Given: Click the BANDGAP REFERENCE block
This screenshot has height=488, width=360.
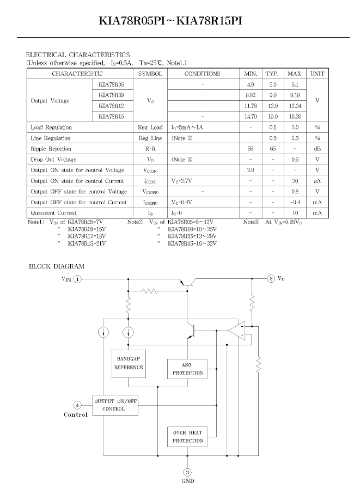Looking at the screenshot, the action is pos(129,363).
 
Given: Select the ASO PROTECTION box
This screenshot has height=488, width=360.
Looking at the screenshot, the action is pos(187,369).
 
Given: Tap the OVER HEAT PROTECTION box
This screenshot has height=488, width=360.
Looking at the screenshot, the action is pos(187,437).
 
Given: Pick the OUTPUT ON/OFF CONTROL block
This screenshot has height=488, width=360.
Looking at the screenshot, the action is pos(115,405).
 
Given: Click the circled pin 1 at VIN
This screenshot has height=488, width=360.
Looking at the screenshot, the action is pos(77,279).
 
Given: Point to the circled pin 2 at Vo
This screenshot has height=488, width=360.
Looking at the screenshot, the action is pos(271,278).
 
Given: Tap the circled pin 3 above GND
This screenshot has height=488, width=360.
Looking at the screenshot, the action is pos(187,472).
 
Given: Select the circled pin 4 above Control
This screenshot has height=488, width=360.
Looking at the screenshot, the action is pos(77,405).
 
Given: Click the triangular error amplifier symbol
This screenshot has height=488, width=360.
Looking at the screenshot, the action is pos(237,331).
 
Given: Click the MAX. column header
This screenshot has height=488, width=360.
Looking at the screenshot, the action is pos(295,74).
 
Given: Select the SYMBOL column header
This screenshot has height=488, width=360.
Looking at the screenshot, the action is pos(150,74).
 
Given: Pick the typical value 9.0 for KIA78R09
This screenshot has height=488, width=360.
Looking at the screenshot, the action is pos(273,95).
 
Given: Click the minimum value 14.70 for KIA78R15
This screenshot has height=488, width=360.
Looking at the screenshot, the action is pos(251,117).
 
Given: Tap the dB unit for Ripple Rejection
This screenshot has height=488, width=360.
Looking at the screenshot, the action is pos(318,149).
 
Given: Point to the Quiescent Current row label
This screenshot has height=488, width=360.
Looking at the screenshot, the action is pos(53,213).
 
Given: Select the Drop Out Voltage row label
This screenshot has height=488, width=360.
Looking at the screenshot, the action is pos(53,160).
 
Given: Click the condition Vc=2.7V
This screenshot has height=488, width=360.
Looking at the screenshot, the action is pos(182,181).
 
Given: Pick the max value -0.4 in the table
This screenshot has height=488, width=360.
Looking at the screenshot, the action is pos(295,203).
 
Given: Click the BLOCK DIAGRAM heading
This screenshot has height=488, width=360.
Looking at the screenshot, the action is pos(57,266).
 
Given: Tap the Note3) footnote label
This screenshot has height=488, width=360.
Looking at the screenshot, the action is pos(251,222).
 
